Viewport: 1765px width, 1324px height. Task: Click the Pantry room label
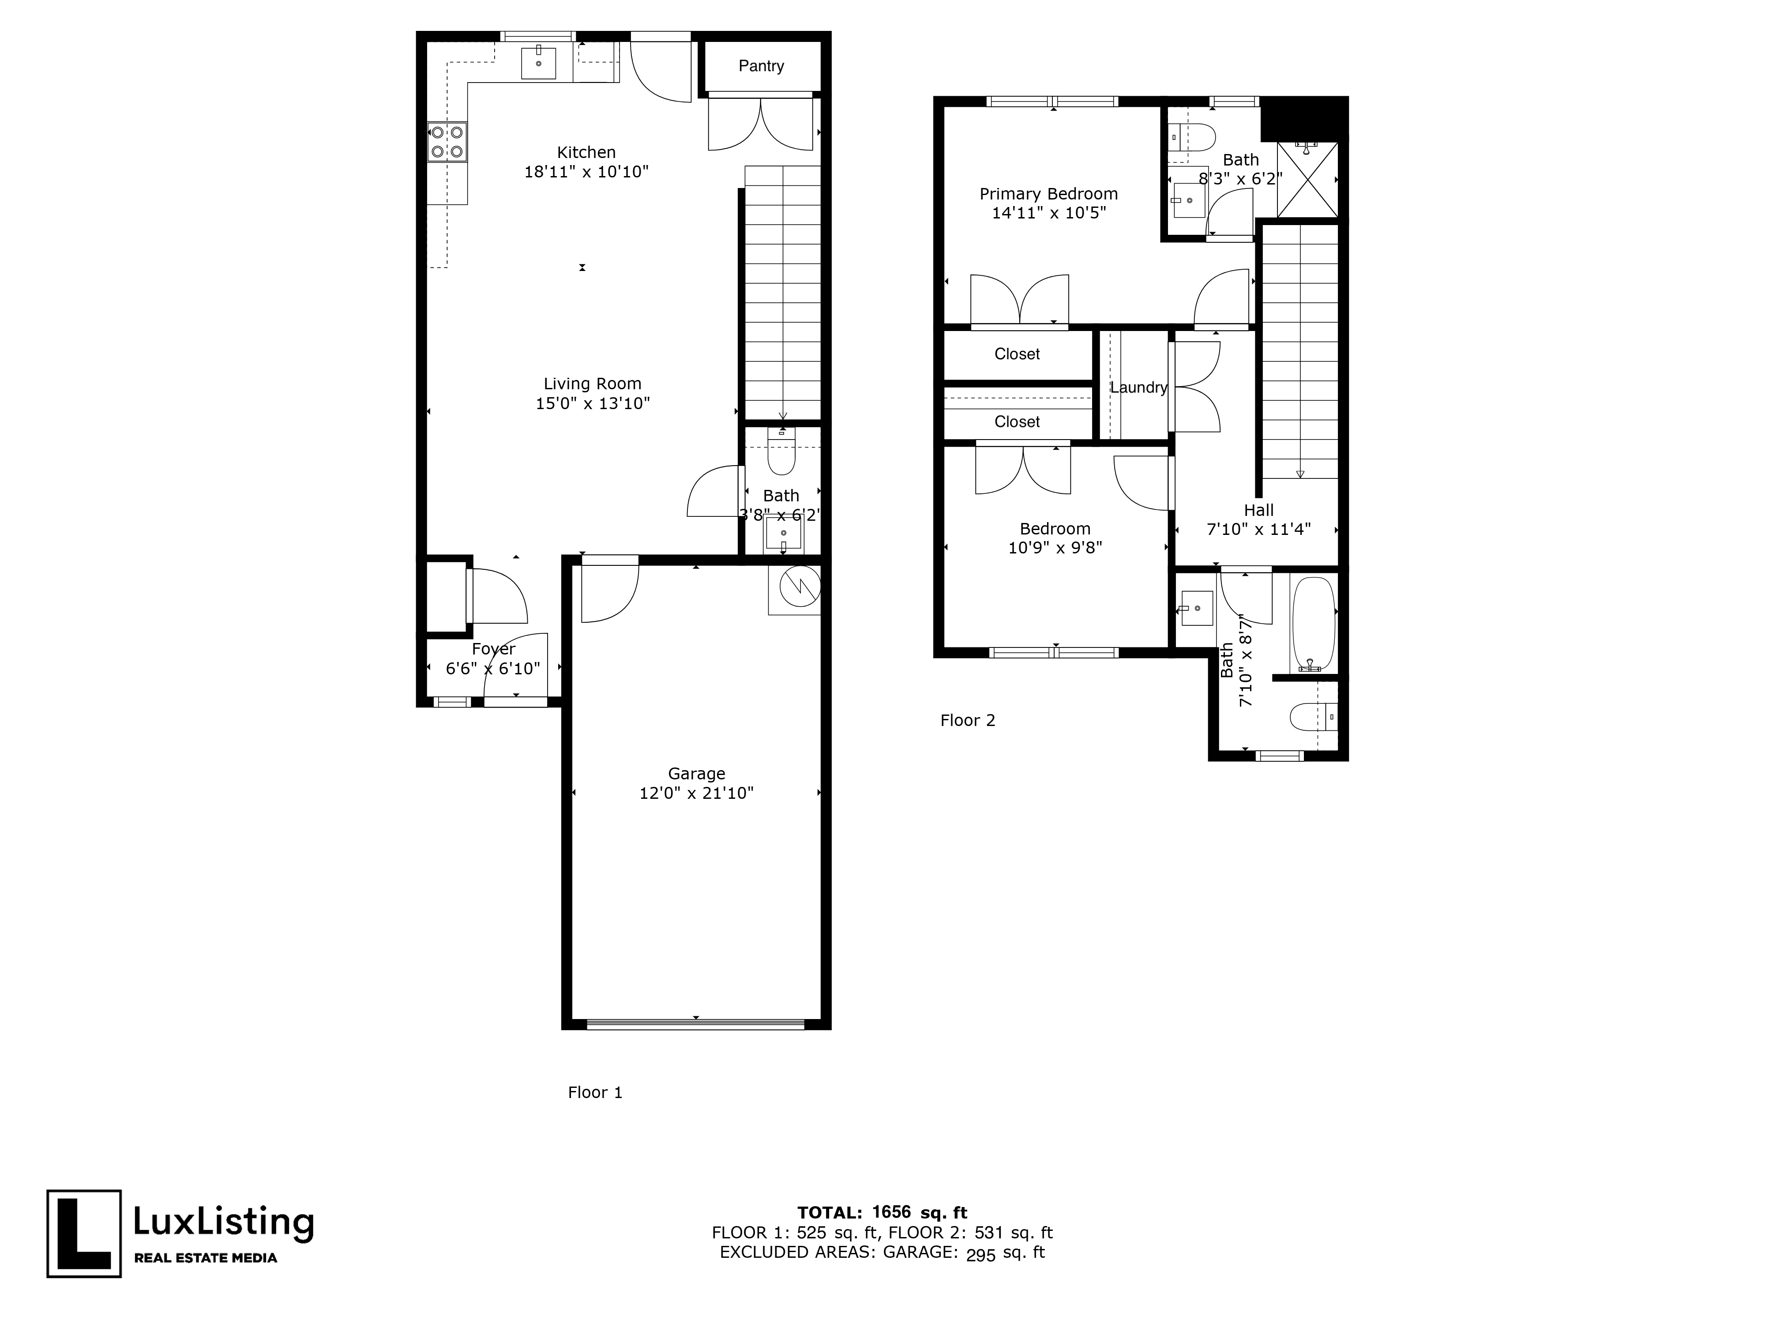[x=760, y=66]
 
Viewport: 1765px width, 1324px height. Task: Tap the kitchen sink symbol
[x=539, y=63]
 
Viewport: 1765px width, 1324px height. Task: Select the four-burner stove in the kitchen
[x=447, y=142]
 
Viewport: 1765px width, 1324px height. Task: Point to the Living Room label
[x=592, y=384]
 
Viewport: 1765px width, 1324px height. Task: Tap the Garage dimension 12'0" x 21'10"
[x=696, y=793]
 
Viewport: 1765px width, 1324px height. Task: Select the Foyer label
[x=493, y=649]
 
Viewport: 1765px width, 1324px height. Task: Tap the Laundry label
[x=1138, y=388]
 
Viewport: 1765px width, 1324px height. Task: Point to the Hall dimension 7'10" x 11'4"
[x=1258, y=529]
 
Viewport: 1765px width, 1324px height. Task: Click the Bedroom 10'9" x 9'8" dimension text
[x=1055, y=548]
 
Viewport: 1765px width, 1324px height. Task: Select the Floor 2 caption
[x=967, y=721]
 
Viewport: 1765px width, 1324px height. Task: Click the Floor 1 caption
[x=594, y=1093]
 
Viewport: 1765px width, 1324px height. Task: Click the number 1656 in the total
[x=891, y=1213]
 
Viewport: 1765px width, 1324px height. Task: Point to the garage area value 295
[x=980, y=1255]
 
